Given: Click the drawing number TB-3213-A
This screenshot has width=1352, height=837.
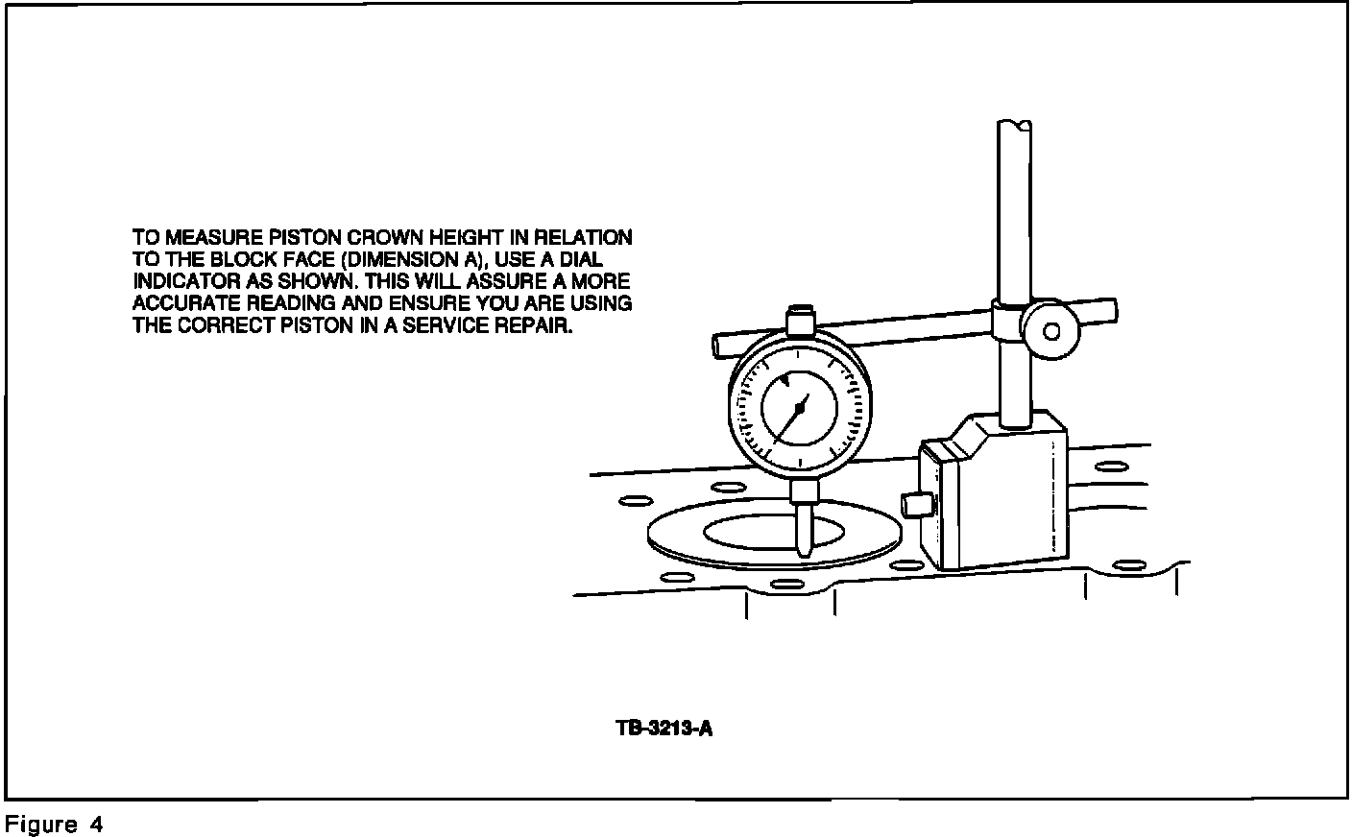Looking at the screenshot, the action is (664, 729).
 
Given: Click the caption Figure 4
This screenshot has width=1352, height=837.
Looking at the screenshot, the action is (54, 825).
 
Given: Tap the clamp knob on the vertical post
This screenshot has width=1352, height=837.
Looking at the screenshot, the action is (1050, 332).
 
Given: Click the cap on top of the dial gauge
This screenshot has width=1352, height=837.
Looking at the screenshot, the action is (799, 318).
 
